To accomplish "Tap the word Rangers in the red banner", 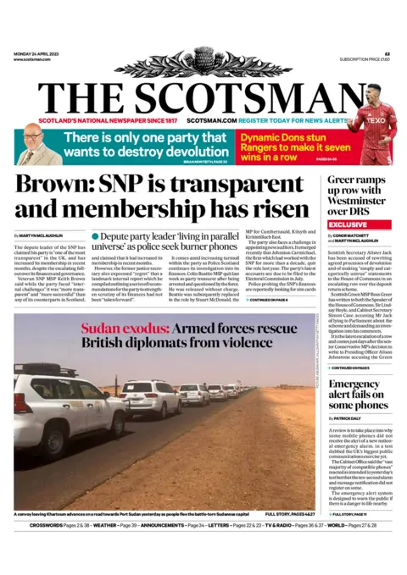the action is point(259,147).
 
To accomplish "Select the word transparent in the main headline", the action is point(246,185).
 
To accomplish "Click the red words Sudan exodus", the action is point(118,328).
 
